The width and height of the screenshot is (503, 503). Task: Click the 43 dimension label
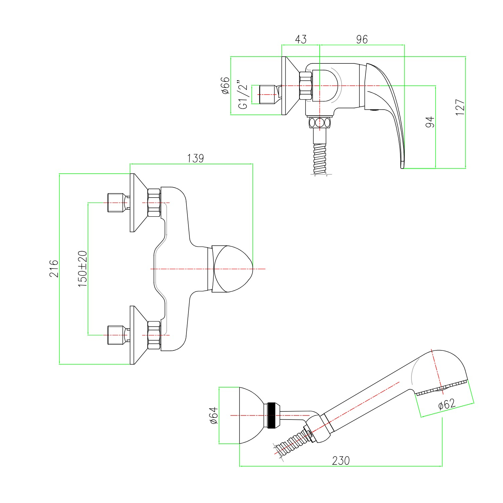tap(301, 39)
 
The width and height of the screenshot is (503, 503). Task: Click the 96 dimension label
tap(362, 39)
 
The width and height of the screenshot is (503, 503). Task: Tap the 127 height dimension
tap(460, 107)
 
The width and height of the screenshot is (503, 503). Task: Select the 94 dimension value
tap(430, 122)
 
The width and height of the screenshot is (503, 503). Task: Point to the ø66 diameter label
tap(225, 86)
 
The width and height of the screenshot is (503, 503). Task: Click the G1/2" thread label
tap(243, 95)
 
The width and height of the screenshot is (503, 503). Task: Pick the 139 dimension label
tap(195, 158)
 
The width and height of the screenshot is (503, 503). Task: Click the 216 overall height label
tap(54, 269)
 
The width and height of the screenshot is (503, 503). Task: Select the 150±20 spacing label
tap(82, 269)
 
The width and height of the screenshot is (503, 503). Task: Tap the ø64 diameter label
tap(214, 415)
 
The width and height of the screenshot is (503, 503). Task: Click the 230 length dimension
tap(341, 460)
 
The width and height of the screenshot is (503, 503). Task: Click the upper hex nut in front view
tap(154, 203)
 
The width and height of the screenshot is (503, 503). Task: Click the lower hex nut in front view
tap(154, 335)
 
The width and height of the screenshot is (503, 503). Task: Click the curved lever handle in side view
tap(386, 111)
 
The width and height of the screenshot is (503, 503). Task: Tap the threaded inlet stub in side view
tap(268, 94)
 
